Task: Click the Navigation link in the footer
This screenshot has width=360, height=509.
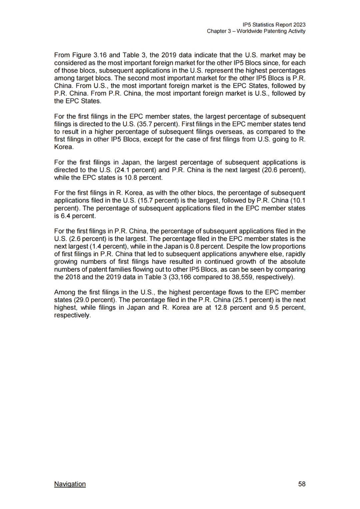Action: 70,484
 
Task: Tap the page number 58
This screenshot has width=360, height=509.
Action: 302,484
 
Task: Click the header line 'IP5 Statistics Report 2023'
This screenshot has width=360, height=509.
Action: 274,25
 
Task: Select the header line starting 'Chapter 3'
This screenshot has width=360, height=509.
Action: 256,31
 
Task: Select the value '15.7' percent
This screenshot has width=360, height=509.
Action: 145,200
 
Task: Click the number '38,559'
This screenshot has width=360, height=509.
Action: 242,277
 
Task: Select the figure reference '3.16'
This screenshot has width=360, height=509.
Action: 100,55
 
